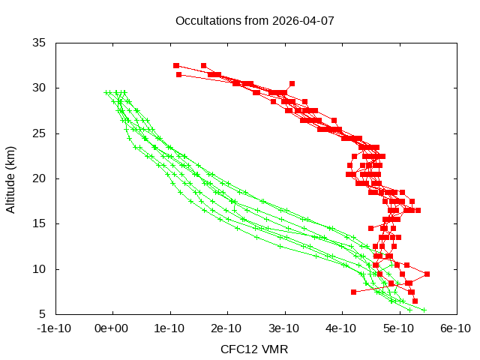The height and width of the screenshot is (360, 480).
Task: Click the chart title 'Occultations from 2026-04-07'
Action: click(254, 20)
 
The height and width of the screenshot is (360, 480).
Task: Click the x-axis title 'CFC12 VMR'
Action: click(254, 349)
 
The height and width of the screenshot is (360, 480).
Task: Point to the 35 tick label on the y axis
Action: click(40, 43)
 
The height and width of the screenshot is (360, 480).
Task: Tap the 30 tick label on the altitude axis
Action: click(40, 88)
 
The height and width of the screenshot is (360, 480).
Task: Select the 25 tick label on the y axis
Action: click(40, 133)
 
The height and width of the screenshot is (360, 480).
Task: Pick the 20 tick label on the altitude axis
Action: click(40, 178)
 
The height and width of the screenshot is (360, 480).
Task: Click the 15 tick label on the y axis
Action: click(40, 223)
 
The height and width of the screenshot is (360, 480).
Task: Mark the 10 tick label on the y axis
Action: click(40, 269)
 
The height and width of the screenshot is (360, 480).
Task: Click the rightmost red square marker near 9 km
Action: click(427, 274)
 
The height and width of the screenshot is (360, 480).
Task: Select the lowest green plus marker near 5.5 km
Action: click(424, 310)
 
